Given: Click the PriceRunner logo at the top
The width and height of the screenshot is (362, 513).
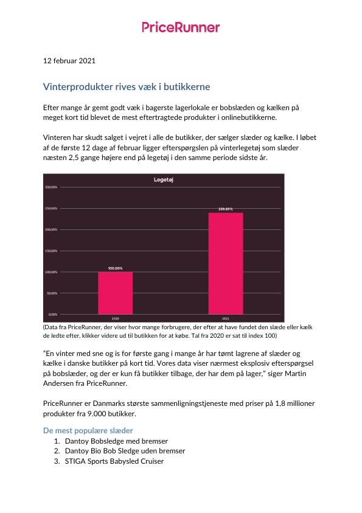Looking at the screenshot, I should point(181,27).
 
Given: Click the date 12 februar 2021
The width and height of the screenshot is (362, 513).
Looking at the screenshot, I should point(69,61).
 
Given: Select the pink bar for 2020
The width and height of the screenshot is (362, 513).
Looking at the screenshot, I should point(115,293).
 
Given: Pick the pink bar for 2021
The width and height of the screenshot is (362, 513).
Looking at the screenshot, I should point(226,263).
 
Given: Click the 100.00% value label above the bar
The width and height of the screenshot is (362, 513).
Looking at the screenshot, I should point(115,268).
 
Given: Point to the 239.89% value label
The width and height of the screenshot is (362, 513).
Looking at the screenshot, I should point(226,209).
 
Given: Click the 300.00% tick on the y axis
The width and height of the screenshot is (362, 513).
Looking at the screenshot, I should point(51,187).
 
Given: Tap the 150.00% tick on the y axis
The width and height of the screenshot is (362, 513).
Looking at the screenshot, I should point(51,251).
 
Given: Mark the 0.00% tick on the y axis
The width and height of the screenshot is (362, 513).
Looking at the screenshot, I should point(52,314).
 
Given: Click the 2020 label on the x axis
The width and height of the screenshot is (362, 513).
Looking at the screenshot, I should point(115,318).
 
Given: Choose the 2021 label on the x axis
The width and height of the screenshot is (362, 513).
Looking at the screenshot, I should point(226,318).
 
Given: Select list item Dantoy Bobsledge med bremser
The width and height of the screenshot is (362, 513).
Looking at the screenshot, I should point(116,441).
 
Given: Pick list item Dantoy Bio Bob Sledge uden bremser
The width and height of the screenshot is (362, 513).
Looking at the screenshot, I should point(124,451).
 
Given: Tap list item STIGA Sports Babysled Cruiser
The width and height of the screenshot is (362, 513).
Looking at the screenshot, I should point(114,461).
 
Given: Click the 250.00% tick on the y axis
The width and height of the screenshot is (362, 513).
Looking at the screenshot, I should point(51,208).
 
